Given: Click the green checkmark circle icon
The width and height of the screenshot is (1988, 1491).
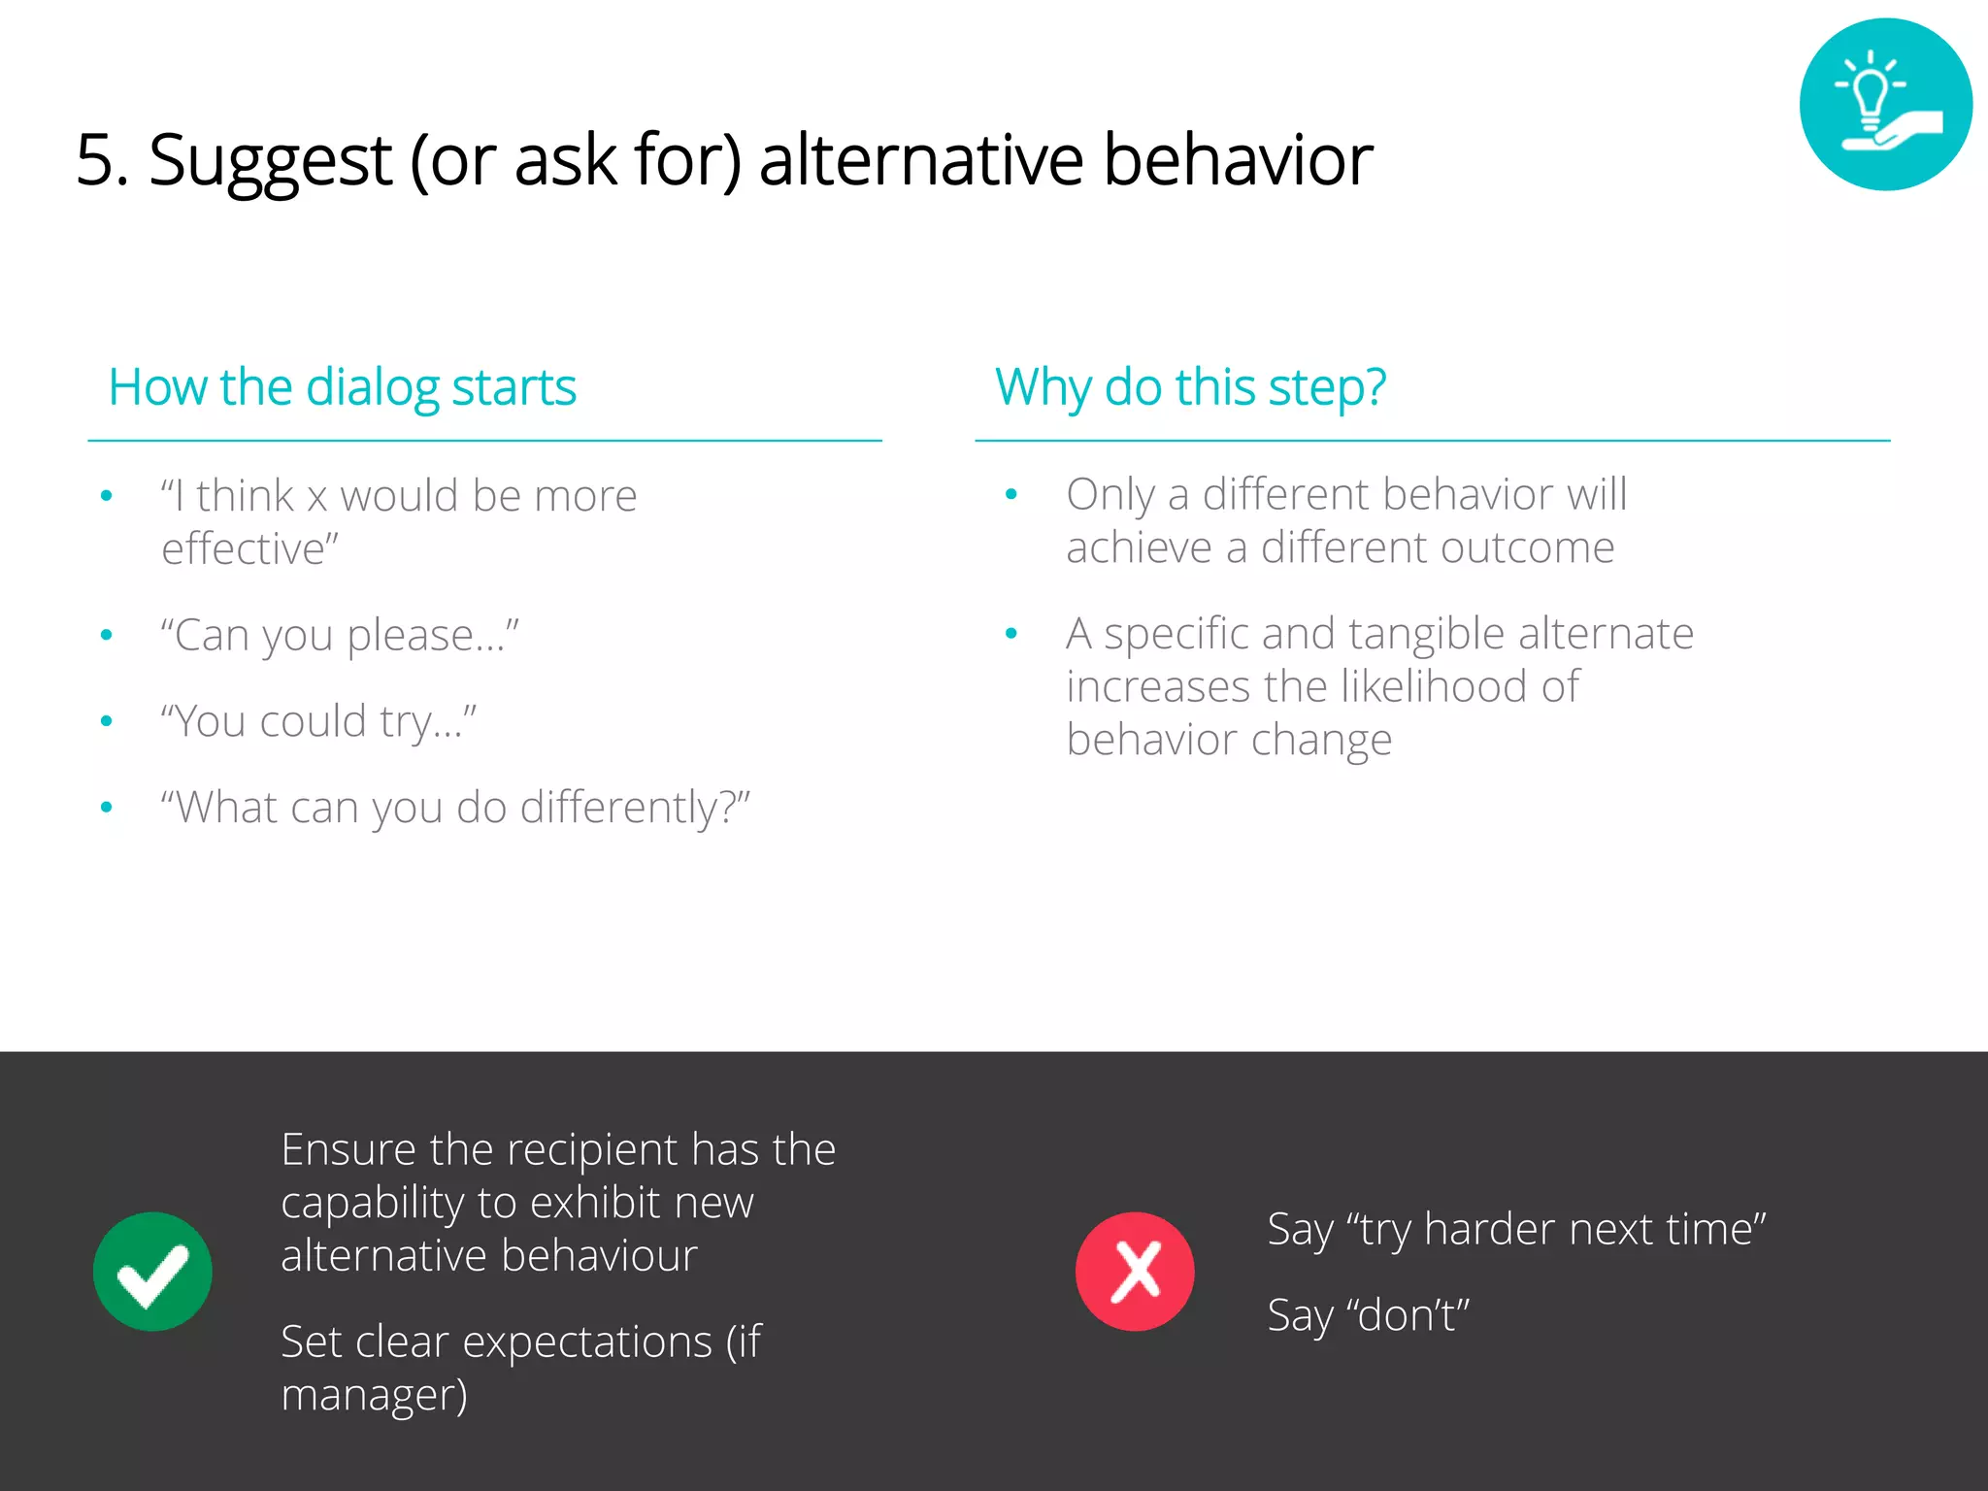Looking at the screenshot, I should (x=152, y=1271).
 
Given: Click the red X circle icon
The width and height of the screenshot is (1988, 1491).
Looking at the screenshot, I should (x=1134, y=1271).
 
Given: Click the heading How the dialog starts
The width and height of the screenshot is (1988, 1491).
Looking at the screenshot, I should (x=342, y=387).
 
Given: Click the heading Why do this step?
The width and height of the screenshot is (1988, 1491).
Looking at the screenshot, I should (x=1190, y=387).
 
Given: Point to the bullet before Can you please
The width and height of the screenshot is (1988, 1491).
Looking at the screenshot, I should (x=107, y=636).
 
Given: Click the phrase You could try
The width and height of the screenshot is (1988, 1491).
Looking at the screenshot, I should (x=318, y=722).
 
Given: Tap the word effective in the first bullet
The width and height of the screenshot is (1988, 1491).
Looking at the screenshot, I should (x=247, y=549).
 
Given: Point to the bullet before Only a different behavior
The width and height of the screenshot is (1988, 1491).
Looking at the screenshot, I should (x=1011, y=495).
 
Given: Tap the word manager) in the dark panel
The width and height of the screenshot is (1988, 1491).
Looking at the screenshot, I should (x=374, y=1396).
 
